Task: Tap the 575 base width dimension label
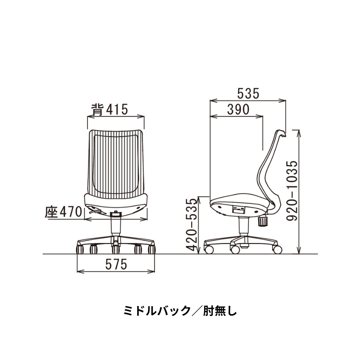tap(116, 265)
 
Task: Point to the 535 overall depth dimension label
tap(248, 94)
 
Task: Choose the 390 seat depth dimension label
tap(238, 110)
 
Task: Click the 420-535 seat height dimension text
tap(193, 225)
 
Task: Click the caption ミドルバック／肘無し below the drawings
tap(180, 310)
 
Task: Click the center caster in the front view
tap(116, 249)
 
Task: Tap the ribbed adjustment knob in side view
tap(263, 221)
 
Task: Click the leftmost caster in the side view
tap(208, 249)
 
